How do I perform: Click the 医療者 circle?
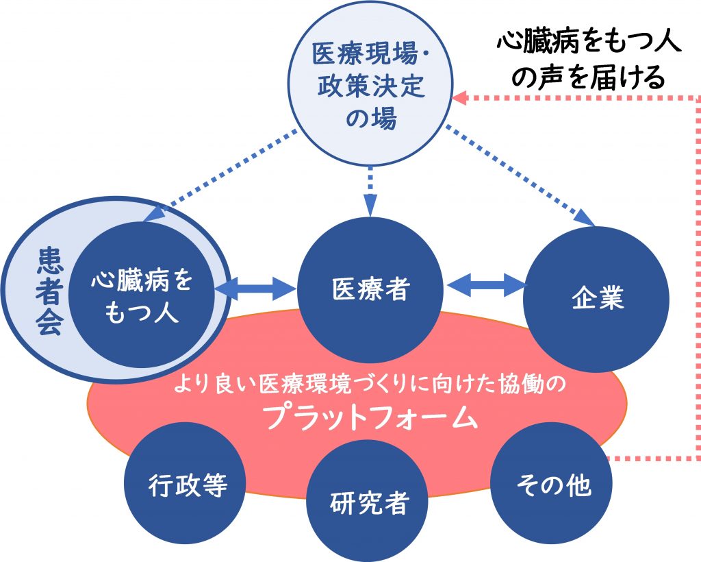coord(370,290)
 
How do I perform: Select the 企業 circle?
coord(596,299)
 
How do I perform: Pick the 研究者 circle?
coord(368,500)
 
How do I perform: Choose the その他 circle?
coord(552,483)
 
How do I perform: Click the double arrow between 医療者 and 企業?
coord(487,284)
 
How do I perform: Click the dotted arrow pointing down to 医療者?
coord(370,191)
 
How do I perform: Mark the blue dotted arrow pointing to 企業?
coord(521,176)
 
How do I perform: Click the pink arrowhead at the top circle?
coord(460,97)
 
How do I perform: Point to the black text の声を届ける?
coord(588,77)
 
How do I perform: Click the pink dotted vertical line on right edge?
coord(698,278)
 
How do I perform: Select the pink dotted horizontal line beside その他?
coord(652,458)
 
